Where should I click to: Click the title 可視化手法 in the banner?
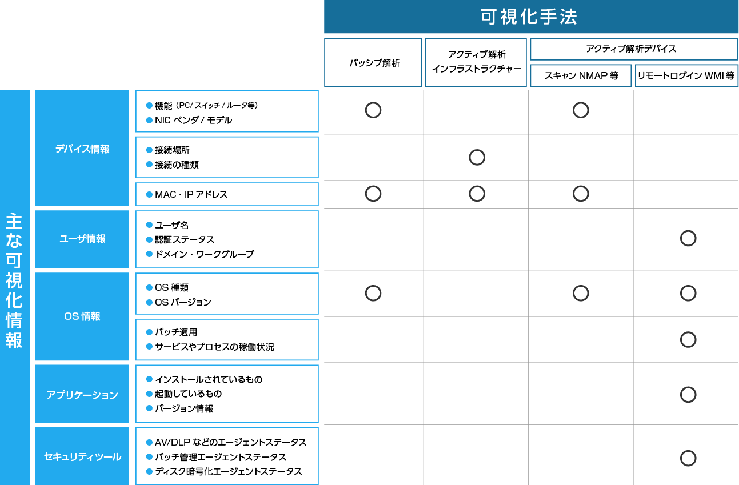[529, 17]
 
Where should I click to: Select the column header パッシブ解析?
[374, 63]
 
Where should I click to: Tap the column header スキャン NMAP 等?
[581, 75]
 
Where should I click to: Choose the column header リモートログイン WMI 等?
[686, 75]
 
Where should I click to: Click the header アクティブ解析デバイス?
[631, 49]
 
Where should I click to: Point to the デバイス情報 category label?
[82, 149]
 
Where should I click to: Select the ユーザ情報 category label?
[82, 239]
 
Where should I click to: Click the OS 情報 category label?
[82, 316]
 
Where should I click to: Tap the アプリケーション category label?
[82, 395]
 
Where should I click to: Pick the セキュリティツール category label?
[82, 456]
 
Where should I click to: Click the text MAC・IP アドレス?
[191, 194]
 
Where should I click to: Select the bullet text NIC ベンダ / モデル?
[193, 120]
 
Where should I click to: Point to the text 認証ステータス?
[185, 239]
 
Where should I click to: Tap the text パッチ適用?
[176, 332]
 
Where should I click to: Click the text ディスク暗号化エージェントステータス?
[228, 471]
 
